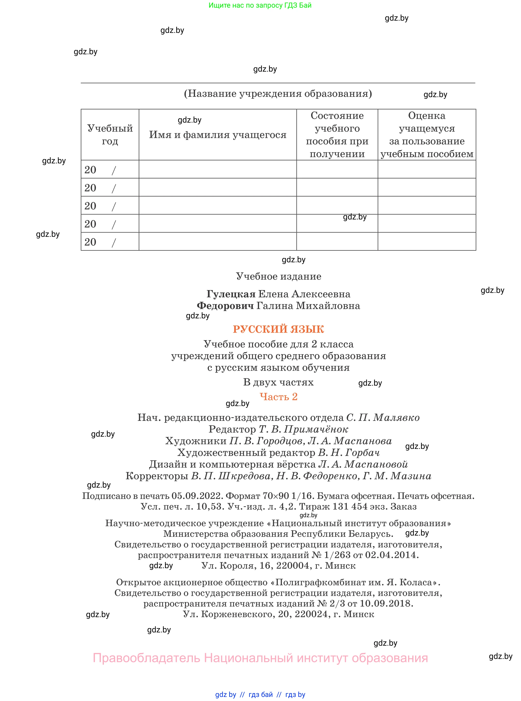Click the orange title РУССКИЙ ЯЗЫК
[278, 329]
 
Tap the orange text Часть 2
[278, 397]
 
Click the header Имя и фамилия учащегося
[218, 135]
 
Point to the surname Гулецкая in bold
[231, 294]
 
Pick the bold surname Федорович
[225, 306]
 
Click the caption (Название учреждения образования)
[278, 94]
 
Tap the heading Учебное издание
[278, 276]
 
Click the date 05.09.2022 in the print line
[197, 496]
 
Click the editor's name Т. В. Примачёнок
[303, 429]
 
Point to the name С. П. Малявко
[383, 418]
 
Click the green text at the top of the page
[260, 5]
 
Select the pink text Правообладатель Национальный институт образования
[260, 658]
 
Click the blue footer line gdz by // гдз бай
[260, 695]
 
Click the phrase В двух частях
[278, 382]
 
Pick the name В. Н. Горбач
[349, 453]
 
